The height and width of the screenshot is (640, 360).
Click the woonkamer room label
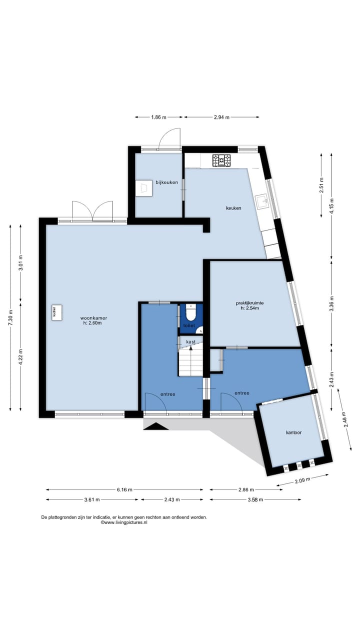point(93,318)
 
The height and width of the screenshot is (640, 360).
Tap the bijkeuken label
point(166,182)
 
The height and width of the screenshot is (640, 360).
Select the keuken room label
point(233,208)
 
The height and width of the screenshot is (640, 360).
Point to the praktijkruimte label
point(249,303)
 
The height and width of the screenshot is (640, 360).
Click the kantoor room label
point(293,432)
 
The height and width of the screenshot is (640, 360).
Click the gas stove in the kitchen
point(221,160)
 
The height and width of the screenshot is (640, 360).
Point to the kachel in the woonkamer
point(56,313)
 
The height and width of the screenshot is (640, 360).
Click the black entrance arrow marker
point(156,426)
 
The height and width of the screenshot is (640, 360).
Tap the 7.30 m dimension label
point(10,317)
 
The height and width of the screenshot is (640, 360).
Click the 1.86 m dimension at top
point(158,117)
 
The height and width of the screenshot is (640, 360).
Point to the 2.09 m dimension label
point(302,480)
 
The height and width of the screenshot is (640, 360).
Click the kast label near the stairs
point(191,341)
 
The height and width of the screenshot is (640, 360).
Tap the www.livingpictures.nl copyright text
point(124,522)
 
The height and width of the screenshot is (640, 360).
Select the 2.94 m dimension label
point(221,117)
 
